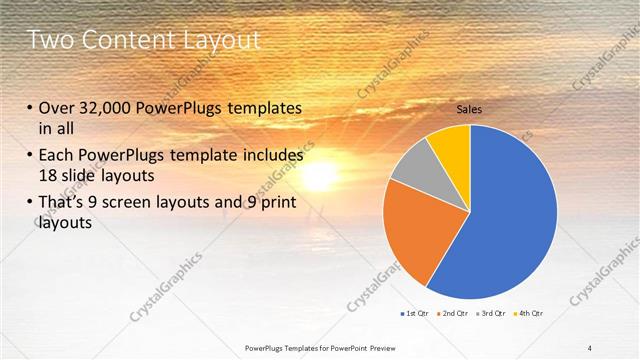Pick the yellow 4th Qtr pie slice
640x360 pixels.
coord(452,142)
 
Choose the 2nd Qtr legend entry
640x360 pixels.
coord(456,315)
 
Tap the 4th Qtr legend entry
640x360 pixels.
coord(530,315)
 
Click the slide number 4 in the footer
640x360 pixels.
coord(590,347)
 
